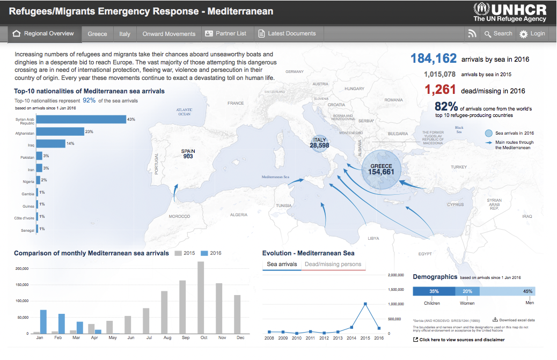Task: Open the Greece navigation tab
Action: [x=97, y=34]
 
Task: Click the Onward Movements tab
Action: [x=168, y=34]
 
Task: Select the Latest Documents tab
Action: [x=287, y=34]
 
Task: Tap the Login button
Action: [x=532, y=34]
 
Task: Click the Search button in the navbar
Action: [x=498, y=34]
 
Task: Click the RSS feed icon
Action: [x=472, y=34]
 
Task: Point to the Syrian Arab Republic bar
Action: [x=81, y=119]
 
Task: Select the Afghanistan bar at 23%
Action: [x=60, y=131]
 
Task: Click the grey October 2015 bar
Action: [x=201, y=298]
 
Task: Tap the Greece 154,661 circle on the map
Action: [x=382, y=170]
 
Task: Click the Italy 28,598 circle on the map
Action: [x=319, y=143]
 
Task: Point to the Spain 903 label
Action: [x=188, y=154]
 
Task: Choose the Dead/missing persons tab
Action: [x=333, y=265]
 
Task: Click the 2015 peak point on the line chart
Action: [x=365, y=304]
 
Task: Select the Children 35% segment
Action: [x=434, y=291]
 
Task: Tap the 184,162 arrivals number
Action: [x=434, y=58]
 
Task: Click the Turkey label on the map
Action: [x=459, y=167]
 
